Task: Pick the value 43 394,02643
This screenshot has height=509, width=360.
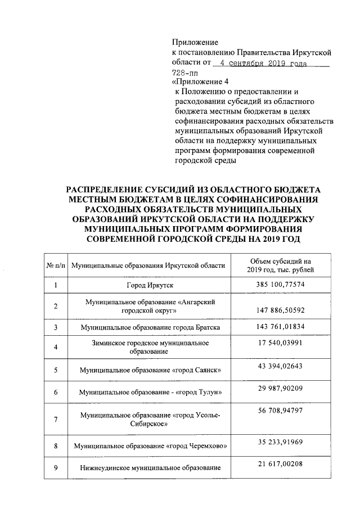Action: (x=280, y=366)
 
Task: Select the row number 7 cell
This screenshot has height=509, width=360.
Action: (x=56, y=419)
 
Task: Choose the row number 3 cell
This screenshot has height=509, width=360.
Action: (x=56, y=327)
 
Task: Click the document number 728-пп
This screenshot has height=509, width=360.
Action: (x=184, y=72)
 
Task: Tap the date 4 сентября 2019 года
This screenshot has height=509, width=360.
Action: (x=264, y=63)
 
